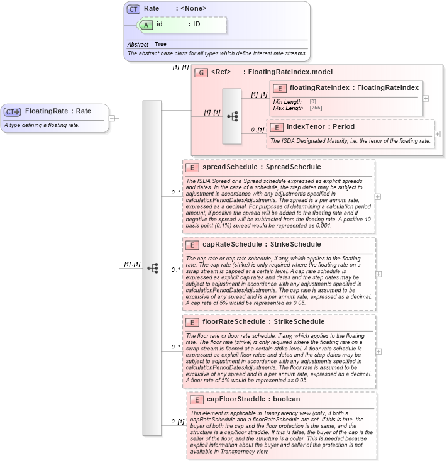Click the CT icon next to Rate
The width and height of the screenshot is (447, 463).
pyautogui.click(x=133, y=9)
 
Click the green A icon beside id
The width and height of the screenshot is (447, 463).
pyautogui.click(x=146, y=25)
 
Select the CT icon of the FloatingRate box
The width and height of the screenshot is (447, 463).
pyautogui.click(x=13, y=111)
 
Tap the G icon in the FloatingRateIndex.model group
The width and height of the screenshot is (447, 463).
pyautogui.click(x=201, y=72)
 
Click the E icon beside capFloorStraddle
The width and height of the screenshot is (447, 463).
pyautogui.click(x=197, y=399)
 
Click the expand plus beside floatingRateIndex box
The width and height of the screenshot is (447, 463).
pyautogui.click(x=426, y=98)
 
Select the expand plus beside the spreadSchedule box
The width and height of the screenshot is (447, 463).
pyautogui.click(x=378, y=196)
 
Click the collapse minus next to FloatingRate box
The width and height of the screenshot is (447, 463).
pyautogui.click(x=111, y=118)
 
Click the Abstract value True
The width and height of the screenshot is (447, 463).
pyautogui.click(x=160, y=45)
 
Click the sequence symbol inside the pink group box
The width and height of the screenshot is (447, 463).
pyautogui.click(x=231, y=116)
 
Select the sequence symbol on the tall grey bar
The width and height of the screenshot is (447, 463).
pyautogui.click(x=152, y=267)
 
